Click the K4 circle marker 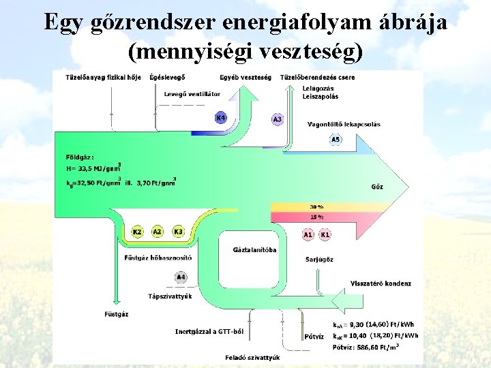point(220,118)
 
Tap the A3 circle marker point(277,119)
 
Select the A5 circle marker point(336,140)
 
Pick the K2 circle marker point(137,232)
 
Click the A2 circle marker point(158,232)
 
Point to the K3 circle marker point(179,232)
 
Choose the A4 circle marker point(181,277)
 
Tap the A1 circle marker point(308,234)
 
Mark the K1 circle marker point(325,234)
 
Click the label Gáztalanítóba point(255,250)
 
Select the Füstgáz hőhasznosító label point(158,258)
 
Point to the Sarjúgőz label point(319,259)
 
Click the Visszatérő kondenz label point(381,283)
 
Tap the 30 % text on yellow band point(316,206)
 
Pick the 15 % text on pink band point(316,217)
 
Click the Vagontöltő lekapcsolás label point(344,125)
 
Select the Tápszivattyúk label point(170,296)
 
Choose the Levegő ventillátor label point(192,93)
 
